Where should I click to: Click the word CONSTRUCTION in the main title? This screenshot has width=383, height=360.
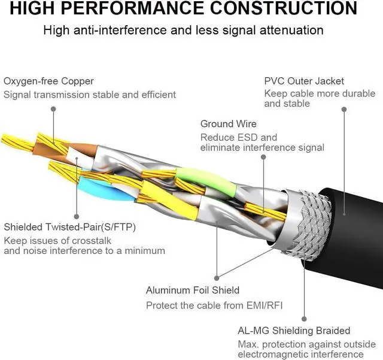click(284, 8)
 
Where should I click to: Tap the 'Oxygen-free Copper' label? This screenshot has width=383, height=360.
click(48, 81)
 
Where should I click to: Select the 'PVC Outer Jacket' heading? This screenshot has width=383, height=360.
click(304, 81)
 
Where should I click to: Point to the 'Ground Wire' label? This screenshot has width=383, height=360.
click(229, 124)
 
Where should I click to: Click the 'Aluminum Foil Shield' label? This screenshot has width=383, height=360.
click(193, 291)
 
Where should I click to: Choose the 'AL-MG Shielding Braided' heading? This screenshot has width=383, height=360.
click(294, 331)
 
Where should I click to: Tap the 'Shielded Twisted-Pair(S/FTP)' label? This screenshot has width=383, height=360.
click(70, 227)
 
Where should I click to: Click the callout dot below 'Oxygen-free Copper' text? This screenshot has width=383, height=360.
click(53, 109)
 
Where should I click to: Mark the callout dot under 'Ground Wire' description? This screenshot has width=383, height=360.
click(263, 157)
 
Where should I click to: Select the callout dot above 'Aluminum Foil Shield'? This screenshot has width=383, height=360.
click(217, 278)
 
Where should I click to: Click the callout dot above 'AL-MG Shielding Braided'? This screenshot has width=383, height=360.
click(304, 319)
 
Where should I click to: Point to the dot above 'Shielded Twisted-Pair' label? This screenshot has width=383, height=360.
click(77, 216)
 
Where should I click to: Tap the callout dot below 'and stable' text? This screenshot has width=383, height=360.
click(344, 110)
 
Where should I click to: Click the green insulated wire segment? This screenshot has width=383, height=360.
click(206, 181)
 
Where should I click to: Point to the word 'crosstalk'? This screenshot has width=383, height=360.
click(92, 241)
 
